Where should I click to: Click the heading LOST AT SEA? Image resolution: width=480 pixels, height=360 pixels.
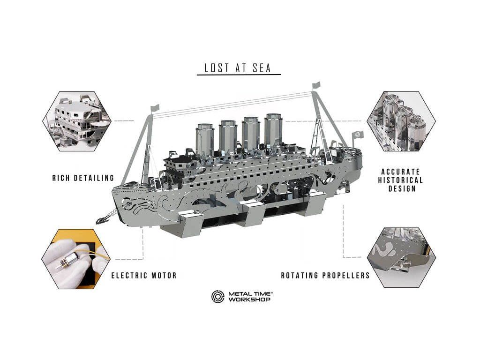point(238,67)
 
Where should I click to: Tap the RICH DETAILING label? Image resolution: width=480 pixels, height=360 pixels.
point(83,178)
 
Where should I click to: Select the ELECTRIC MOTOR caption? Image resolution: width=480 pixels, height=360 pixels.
point(144,276)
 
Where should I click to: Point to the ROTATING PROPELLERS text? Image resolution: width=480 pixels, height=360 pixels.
point(325,276)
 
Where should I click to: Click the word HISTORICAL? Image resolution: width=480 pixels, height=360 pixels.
point(400,180)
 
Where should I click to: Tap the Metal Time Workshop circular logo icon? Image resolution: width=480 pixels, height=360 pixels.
point(217,296)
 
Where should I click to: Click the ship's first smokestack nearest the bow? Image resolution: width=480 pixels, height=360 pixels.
point(205,139)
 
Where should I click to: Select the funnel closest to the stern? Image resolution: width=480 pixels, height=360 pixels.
point(273,130)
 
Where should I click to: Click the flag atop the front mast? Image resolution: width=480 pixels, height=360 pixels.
point(155,108)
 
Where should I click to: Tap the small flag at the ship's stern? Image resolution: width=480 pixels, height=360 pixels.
point(358,135)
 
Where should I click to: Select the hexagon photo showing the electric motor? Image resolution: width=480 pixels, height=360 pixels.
point(76,259)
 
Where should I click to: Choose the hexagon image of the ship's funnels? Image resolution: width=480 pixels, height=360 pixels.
point(401,121)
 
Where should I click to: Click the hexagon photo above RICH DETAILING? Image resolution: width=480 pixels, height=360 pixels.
point(77,121)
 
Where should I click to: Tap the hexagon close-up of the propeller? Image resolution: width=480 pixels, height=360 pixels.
point(401,257)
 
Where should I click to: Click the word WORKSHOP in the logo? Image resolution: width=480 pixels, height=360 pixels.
point(249,300)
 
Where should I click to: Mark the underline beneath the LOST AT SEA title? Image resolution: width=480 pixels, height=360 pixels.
point(239,75)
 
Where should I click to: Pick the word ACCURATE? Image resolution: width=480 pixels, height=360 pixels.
point(400,172)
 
